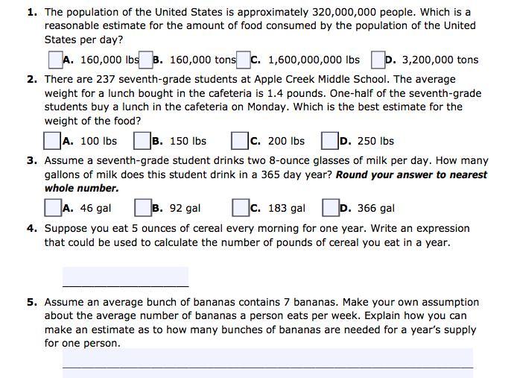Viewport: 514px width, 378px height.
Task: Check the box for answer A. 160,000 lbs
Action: pyautogui.click(x=55, y=60)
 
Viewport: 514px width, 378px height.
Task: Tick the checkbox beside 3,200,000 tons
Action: pyautogui.click(x=378, y=60)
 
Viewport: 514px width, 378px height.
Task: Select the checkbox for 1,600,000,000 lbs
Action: pyautogui.click(x=244, y=60)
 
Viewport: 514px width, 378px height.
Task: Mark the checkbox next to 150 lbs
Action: pyautogui.click(x=142, y=141)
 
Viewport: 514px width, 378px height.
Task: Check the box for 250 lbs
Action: pyautogui.click(x=330, y=141)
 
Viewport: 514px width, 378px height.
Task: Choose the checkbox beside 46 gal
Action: pyautogui.click(x=53, y=208)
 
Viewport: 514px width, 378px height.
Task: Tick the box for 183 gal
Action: pyautogui.click(x=240, y=208)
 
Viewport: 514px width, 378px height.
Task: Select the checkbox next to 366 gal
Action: pyautogui.click(x=330, y=208)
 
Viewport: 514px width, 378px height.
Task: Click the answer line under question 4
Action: pyautogui.click(x=125, y=277)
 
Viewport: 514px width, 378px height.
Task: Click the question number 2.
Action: pyautogui.click(x=32, y=79)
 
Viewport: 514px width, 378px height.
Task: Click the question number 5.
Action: pyautogui.click(x=32, y=303)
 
